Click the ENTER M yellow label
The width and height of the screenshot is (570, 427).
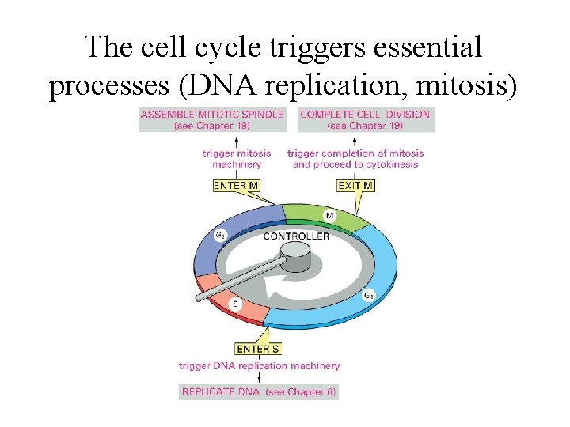click(x=236, y=186)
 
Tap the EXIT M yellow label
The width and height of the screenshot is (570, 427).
click(x=355, y=186)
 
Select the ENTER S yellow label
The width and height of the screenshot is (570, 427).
click(x=258, y=349)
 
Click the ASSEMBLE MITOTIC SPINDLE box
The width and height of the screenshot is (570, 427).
click(x=211, y=119)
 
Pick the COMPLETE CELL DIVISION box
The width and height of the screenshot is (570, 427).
click(x=365, y=119)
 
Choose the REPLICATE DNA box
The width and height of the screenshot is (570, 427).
click(x=258, y=391)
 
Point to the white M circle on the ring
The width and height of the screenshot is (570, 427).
click(x=329, y=215)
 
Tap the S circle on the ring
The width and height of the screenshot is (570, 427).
click(x=236, y=304)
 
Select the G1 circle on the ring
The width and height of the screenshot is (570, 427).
click(x=367, y=295)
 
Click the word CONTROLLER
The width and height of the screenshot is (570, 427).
click(x=296, y=236)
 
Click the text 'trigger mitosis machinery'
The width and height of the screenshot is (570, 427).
click(x=237, y=158)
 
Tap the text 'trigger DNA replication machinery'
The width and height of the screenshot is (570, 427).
click(x=259, y=365)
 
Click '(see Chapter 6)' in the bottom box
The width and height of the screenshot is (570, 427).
click(x=300, y=391)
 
